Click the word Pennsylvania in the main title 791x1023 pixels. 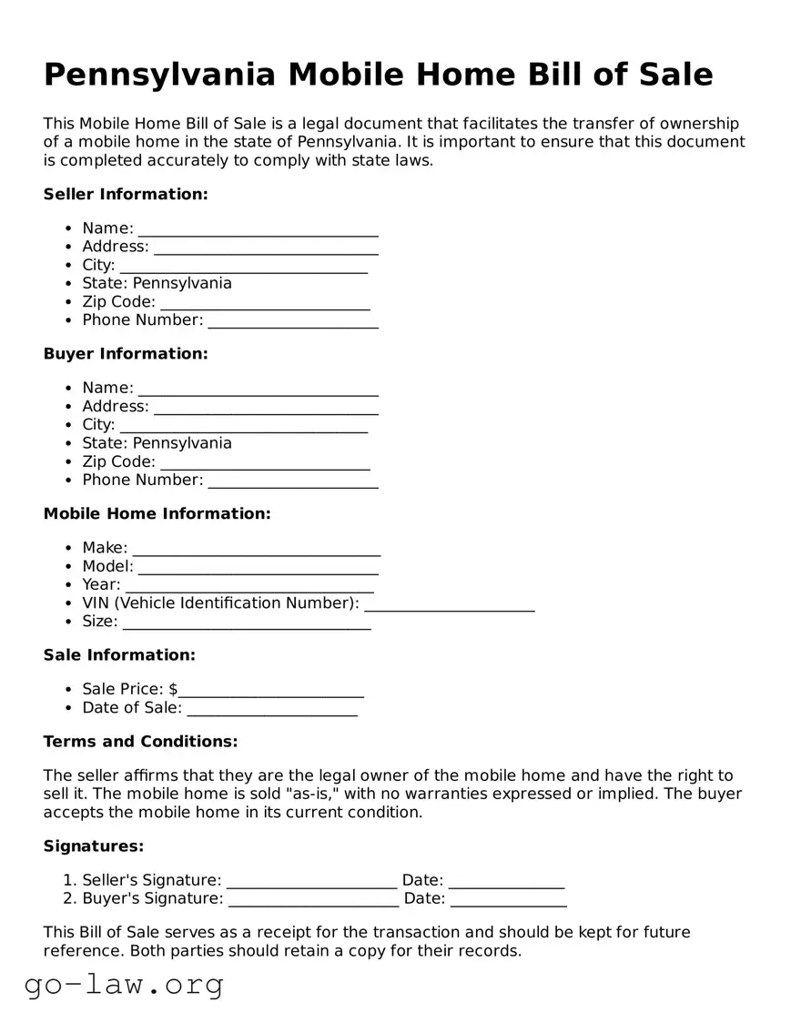tap(159, 75)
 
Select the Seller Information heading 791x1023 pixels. tap(126, 194)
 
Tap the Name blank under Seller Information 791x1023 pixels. tap(258, 228)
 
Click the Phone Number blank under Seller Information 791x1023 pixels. tap(292, 320)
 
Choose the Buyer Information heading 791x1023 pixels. tap(126, 353)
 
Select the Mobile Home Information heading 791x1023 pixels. tap(157, 513)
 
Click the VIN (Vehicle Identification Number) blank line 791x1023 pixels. tap(449, 603)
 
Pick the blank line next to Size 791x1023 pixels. tap(246, 622)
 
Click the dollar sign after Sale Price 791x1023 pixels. tap(173, 689)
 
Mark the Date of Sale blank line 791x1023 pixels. tap(271, 708)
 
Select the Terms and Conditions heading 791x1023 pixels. tap(140, 741)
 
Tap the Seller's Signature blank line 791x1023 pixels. tap(311, 880)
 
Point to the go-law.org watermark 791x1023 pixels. tap(124, 984)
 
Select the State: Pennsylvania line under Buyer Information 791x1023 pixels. tap(157, 443)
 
